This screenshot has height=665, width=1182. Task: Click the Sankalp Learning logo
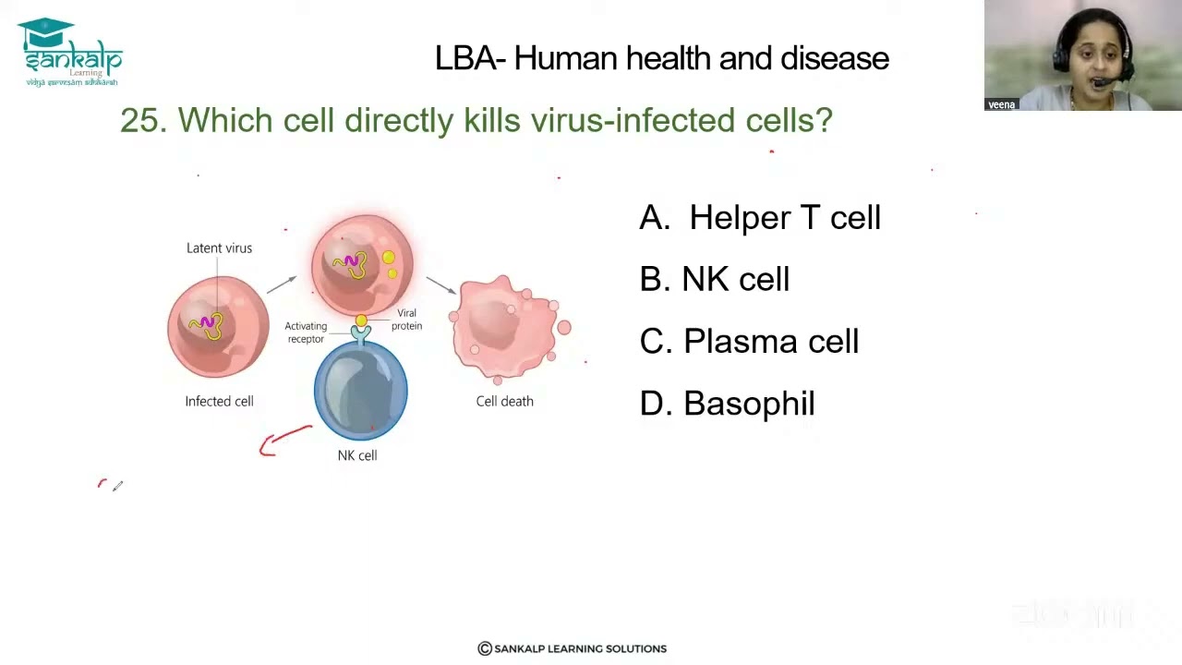point(70,53)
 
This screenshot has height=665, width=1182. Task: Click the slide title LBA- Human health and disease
point(661,58)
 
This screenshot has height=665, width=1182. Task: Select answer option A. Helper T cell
point(759,218)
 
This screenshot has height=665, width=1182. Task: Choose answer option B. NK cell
point(714,280)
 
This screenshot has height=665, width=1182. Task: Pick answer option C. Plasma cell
point(748,342)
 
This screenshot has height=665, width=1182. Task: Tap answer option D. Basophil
point(727,404)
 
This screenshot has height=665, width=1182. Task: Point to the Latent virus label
point(219,248)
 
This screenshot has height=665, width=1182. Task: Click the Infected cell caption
point(219,401)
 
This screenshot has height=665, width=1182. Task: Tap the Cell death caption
point(504,401)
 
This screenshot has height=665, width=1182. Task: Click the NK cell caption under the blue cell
point(357,455)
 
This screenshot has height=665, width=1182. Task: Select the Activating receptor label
point(306,332)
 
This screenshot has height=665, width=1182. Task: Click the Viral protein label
point(406,320)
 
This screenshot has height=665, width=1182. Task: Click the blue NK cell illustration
point(360,390)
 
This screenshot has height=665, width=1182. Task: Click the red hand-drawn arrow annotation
point(283,441)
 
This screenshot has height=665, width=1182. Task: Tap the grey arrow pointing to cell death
point(440,284)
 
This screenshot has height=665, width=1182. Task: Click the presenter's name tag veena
point(1001,104)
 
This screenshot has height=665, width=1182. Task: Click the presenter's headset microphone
point(1102,83)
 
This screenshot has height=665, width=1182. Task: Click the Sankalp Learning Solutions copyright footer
point(572,648)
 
